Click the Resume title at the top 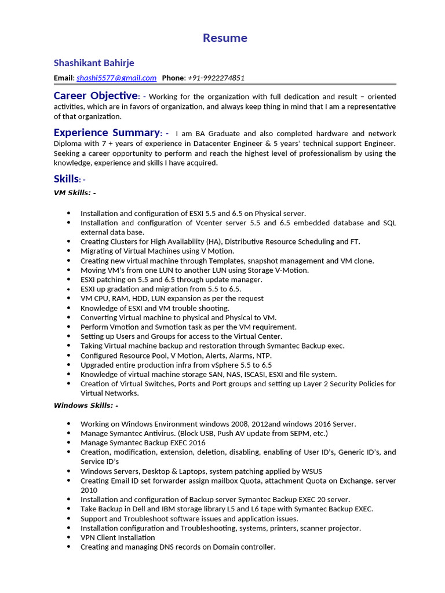tap(225, 38)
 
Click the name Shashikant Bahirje tap(94, 63)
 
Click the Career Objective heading tap(96, 96)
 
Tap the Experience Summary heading tap(106, 133)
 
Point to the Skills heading tap(65, 179)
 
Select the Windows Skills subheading tap(85, 405)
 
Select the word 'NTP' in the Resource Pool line tap(263, 356)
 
